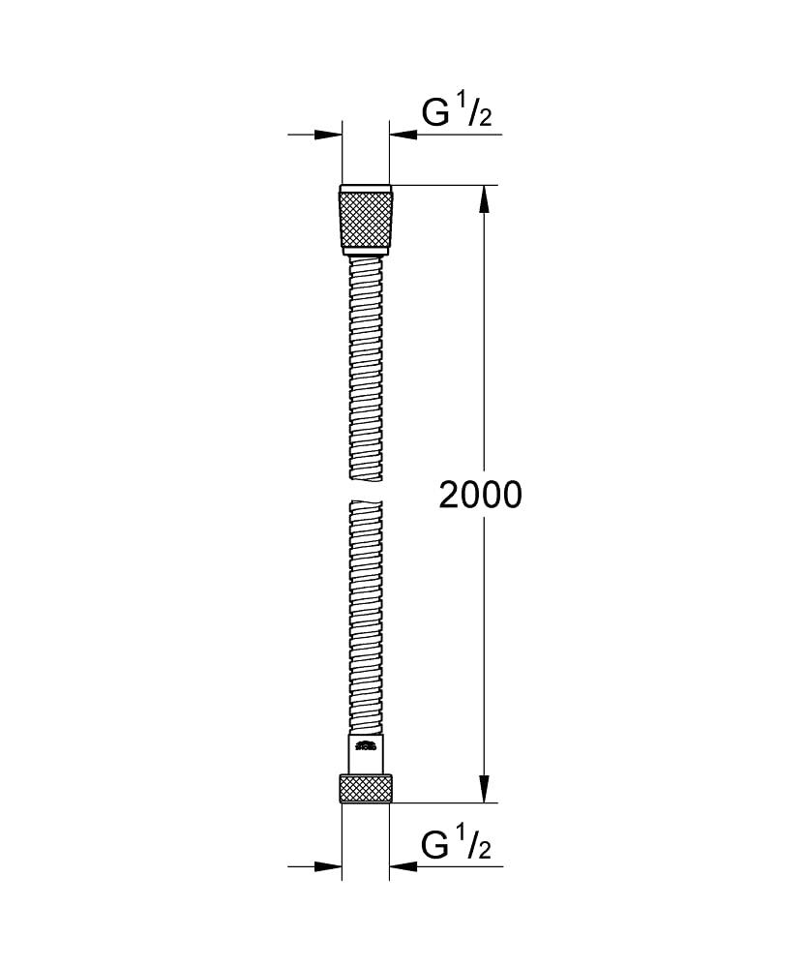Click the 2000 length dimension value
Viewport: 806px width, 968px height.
coord(480,495)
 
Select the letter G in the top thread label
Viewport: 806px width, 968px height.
coord(435,114)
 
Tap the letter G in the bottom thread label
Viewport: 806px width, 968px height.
coord(435,845)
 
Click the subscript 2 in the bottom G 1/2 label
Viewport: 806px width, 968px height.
coord(485,852)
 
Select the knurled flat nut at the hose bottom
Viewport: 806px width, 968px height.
coord(366,789)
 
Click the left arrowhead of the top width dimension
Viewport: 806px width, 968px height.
coord(329,135)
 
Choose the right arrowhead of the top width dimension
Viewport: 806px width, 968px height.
coord(403,135)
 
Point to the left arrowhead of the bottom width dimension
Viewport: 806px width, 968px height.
coord(329,866)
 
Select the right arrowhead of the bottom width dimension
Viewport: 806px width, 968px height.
coord(403,866)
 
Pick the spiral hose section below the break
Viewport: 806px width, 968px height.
coord(365,620)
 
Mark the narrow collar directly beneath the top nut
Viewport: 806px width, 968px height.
coord(365,252)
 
